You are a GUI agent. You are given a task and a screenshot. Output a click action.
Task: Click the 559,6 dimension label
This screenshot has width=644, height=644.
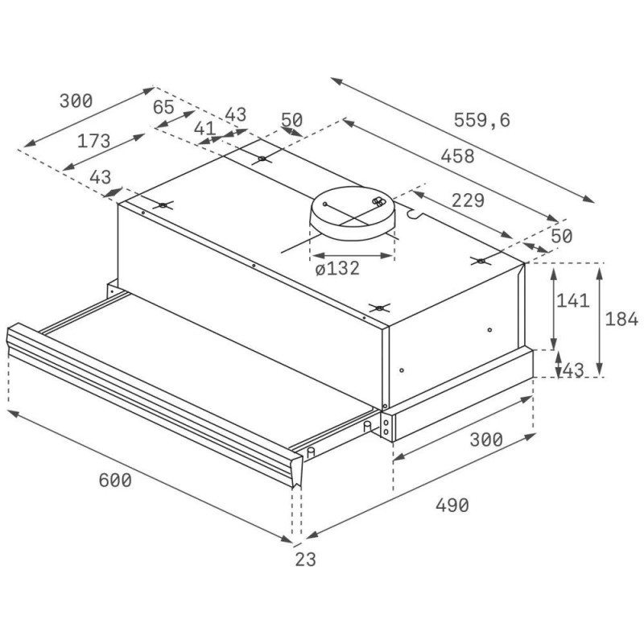coord(481,120)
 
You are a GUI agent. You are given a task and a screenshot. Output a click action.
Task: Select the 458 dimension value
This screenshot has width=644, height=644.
coord(457,156)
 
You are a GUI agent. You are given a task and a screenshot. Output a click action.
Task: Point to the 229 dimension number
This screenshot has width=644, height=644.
coord(468,200)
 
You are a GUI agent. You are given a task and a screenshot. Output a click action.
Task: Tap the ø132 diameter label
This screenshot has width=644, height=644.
coord(337,268)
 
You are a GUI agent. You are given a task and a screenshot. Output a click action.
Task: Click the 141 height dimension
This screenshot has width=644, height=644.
coord(573,300)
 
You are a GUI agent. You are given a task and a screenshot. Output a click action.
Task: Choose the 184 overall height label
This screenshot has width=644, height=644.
coord(621,319)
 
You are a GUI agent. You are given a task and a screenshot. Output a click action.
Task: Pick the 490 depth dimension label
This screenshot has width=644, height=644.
coord(452,506)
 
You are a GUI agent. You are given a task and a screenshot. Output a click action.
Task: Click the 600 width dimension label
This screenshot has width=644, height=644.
coord(115,480)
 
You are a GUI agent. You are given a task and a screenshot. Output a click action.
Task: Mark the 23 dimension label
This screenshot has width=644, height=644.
coord(306,559)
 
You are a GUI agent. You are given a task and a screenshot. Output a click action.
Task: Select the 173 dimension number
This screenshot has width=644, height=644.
coord(93,142)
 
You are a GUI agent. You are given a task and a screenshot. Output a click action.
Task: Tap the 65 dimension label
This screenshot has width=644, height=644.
coord(163,107)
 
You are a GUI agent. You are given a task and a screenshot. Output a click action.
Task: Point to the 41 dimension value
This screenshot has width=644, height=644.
coord(204,129)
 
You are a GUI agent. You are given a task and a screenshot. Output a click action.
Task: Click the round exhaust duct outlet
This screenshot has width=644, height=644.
coord(353,213)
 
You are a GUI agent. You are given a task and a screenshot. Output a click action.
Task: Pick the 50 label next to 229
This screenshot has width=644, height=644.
coord(561,236)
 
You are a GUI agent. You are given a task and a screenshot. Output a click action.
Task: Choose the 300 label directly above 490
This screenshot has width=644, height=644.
coord(486,440)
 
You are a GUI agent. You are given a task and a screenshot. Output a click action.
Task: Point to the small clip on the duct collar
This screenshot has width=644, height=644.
coord(378,201)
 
